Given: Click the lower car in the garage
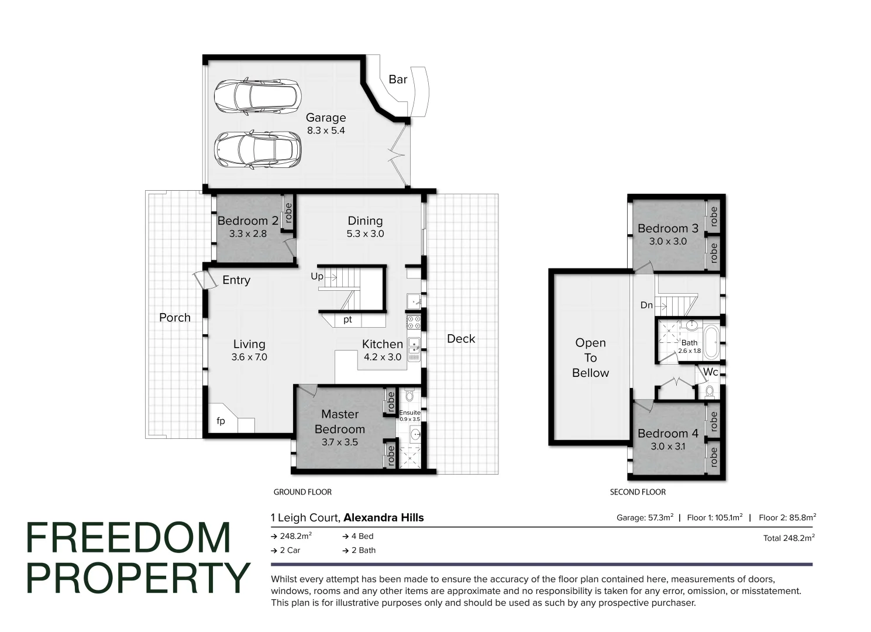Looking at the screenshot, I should point(257,149).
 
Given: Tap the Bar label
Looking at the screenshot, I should point(398,80).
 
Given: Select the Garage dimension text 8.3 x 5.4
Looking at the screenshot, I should point(326,130).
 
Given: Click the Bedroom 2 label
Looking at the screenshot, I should point(247,221).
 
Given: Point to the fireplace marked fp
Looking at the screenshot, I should point(221,421).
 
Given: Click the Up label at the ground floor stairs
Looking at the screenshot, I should point(317,276).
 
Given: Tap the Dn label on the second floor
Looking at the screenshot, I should point(646,305).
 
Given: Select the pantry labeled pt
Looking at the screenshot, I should point(347,320).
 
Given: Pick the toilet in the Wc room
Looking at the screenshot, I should point(710,390).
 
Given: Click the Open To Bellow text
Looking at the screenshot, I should point(590,358).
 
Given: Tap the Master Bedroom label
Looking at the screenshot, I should point(339,421).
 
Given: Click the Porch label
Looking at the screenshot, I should point(175,318).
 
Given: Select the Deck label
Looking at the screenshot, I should point(461,339).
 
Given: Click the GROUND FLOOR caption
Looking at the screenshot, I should point(302,492).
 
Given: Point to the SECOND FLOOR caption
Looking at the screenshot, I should point(638,492).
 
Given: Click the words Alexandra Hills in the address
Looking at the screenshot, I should point(383,517).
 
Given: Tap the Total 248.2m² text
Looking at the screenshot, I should point(789,538).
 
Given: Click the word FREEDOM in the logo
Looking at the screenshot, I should point(129,538).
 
